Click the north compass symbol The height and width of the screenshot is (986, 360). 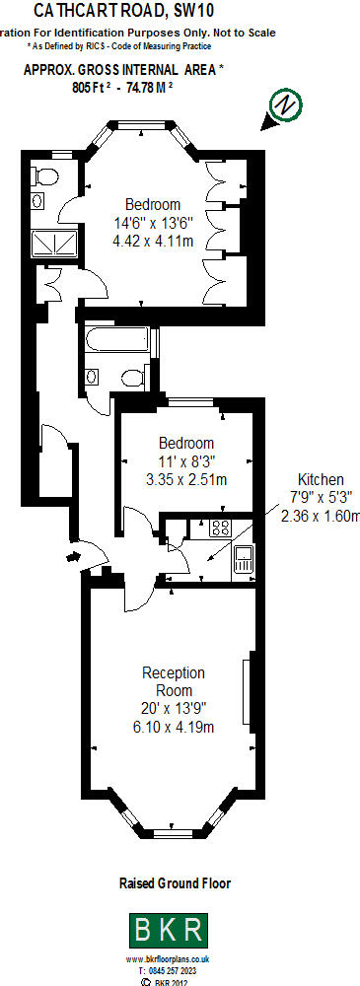284,106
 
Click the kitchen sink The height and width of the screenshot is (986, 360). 243,559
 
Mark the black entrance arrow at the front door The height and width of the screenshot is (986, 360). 73,557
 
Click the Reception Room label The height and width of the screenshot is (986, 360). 174,681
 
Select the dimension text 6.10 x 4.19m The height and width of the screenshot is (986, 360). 174,727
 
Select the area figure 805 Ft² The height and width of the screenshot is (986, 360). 94,87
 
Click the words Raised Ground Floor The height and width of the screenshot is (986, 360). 175,884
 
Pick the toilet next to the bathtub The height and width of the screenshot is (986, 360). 131,375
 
